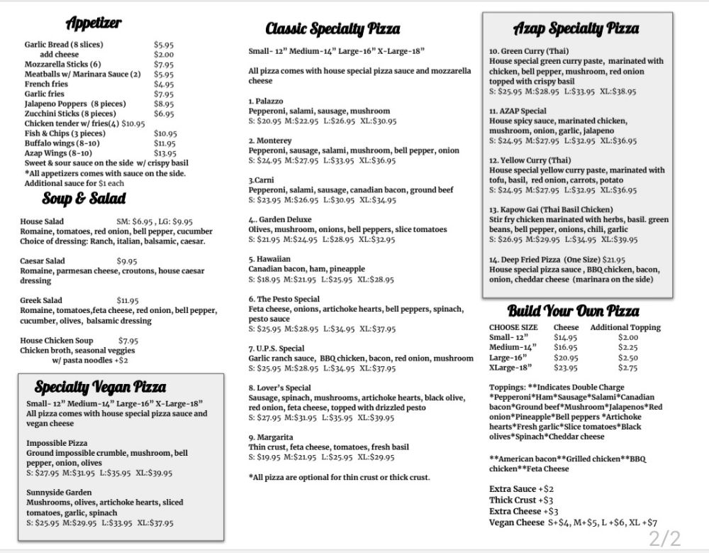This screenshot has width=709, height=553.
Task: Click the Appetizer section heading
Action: click(x=93, y=23)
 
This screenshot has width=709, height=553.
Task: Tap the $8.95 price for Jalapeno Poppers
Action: click(x=164, y=104)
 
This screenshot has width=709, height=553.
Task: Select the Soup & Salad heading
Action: click(x=83, y=198)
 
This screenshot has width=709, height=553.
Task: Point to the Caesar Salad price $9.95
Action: click(x=127, y=261)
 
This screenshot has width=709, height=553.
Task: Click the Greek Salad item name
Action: click(x=41, y=301)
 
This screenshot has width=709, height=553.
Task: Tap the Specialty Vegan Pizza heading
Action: click(x=100, y=387)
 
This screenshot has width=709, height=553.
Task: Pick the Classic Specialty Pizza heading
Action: click(x=333, y=29)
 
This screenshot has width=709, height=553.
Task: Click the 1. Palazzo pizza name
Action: click(x=266, y=102)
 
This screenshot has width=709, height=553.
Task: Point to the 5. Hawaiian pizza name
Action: click(x=269, y=260)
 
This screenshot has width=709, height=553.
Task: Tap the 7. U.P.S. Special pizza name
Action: click(x=277, y=349)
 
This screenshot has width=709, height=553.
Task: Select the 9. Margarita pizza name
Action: click(x=271, y=437)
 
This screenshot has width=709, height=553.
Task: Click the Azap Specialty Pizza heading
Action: click(x=575, y=29)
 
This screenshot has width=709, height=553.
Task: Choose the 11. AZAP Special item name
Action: click(x=518, y=111)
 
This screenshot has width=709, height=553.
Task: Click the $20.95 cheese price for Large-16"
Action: click(x=566, y=358)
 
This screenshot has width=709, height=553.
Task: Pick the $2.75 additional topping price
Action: click(x=628, y=368)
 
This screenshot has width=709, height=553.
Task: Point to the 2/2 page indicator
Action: click(x=664, y=537)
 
